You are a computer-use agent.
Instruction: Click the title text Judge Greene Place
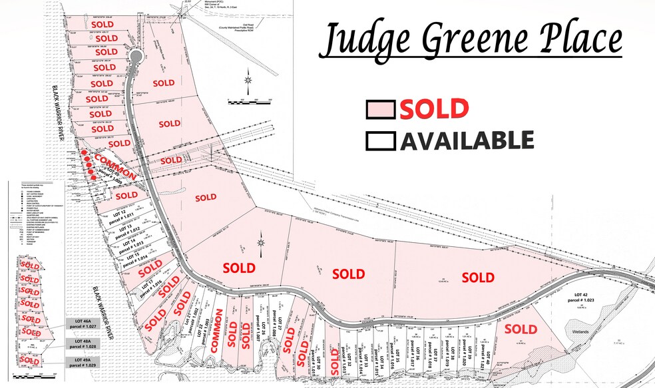point(471,42)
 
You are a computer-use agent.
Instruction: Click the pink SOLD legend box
point(381,109)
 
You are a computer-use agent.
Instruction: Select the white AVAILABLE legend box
point(381,141)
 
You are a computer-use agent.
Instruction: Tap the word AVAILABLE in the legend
point(466,141)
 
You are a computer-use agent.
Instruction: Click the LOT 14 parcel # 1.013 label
point(130,244)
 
